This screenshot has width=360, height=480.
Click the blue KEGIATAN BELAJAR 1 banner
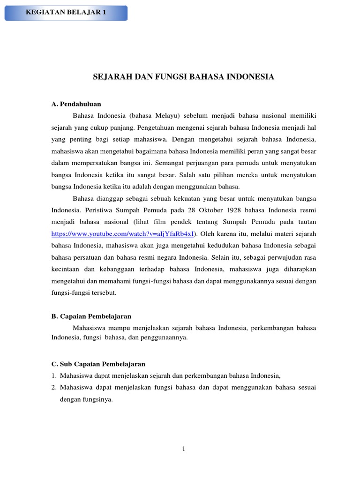coord(66,13)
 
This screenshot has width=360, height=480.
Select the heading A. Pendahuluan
coord(76,104)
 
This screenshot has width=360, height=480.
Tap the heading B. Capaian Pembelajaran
coord(91,316)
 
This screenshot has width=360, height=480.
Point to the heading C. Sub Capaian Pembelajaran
coord(98,364)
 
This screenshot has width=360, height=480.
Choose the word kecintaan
coord(66,269)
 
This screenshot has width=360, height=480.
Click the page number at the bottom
coord(184,449)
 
